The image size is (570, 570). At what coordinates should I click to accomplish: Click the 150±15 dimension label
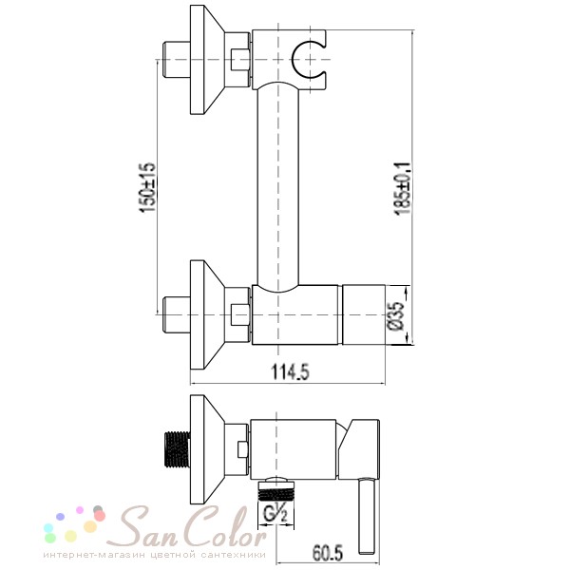click(x=147, y=187)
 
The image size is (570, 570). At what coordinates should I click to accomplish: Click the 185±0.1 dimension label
click(x=403, y=188)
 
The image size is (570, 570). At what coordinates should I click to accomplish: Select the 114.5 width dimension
click(x=291, y=371)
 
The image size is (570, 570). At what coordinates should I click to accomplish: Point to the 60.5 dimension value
click(x=328, y=553)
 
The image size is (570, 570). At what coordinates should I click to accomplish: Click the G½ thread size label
click(x=275, y=515)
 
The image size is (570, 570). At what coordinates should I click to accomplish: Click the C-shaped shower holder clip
click(x=308, y=59)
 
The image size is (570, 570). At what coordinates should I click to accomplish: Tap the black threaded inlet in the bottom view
click(x=177, y=449)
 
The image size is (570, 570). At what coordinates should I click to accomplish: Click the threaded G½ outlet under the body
click(x=275, y=490)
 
